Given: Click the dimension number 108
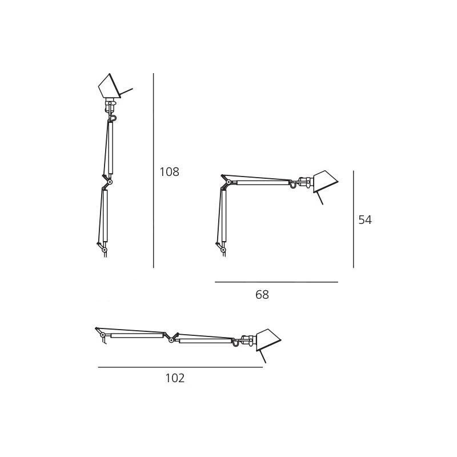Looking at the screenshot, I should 169,171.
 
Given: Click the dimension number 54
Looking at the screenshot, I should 365,219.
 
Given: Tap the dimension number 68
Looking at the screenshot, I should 262,295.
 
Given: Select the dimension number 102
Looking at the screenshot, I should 175,378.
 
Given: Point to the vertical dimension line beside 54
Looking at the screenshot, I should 354,219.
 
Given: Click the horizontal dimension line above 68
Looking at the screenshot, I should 276,282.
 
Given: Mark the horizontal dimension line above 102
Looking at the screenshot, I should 180,367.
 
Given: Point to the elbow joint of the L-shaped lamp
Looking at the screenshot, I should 224,183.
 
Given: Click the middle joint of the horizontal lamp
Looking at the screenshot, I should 171,336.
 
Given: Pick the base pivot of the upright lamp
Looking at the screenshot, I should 103,248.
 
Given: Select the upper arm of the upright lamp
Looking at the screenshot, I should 110,150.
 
